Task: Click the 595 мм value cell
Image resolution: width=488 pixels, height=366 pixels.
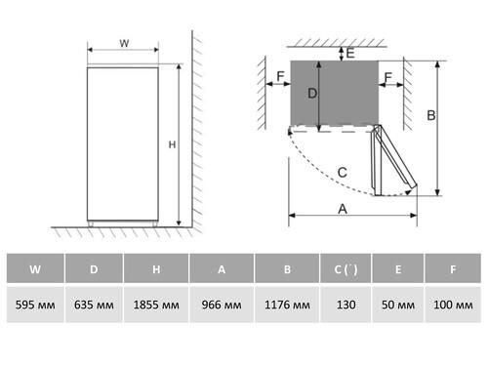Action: (x=35, y=305)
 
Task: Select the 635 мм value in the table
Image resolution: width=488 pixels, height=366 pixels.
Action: (x=94, y=305)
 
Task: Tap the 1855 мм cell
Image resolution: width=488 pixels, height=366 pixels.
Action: (x=156, y=305)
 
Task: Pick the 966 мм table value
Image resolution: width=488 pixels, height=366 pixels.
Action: (x=222, y=305)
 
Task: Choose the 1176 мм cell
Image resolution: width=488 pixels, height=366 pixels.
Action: (x=287, y=305)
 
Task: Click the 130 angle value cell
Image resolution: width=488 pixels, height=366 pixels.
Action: (x=346, y=305)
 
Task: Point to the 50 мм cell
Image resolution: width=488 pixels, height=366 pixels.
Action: (x=398, y=305)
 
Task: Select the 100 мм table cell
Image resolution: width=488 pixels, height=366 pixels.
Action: (x=453, y=305)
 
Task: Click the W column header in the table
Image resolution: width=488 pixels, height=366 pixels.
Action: (x=35, y=268)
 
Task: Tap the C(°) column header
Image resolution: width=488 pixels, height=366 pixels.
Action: (x=346, y=268)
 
